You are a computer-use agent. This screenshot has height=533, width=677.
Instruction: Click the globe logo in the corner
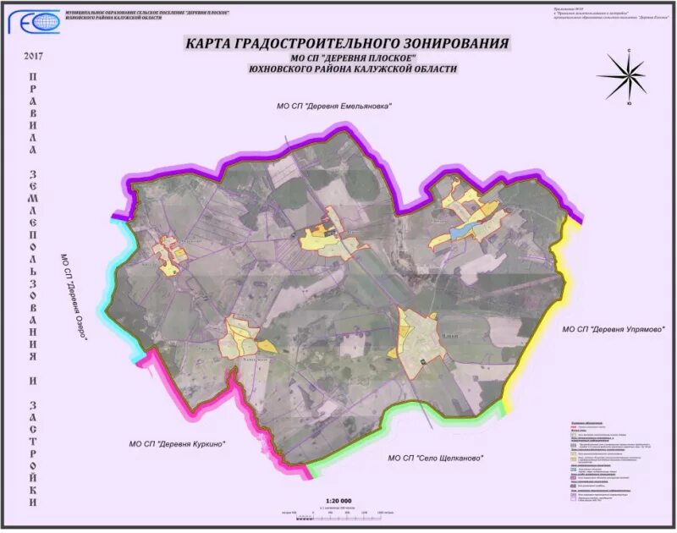tap(41, 22)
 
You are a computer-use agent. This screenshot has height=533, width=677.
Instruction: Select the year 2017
tap(34, 57)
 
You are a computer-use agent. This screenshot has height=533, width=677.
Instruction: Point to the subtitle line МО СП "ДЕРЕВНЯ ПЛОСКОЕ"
tap(350, 58)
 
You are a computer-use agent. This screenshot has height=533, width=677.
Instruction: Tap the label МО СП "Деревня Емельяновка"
tap(335, 107)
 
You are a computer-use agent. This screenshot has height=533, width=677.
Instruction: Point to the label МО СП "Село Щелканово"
tap(435, 458)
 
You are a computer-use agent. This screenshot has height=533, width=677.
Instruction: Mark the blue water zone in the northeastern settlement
tap(461, 229)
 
